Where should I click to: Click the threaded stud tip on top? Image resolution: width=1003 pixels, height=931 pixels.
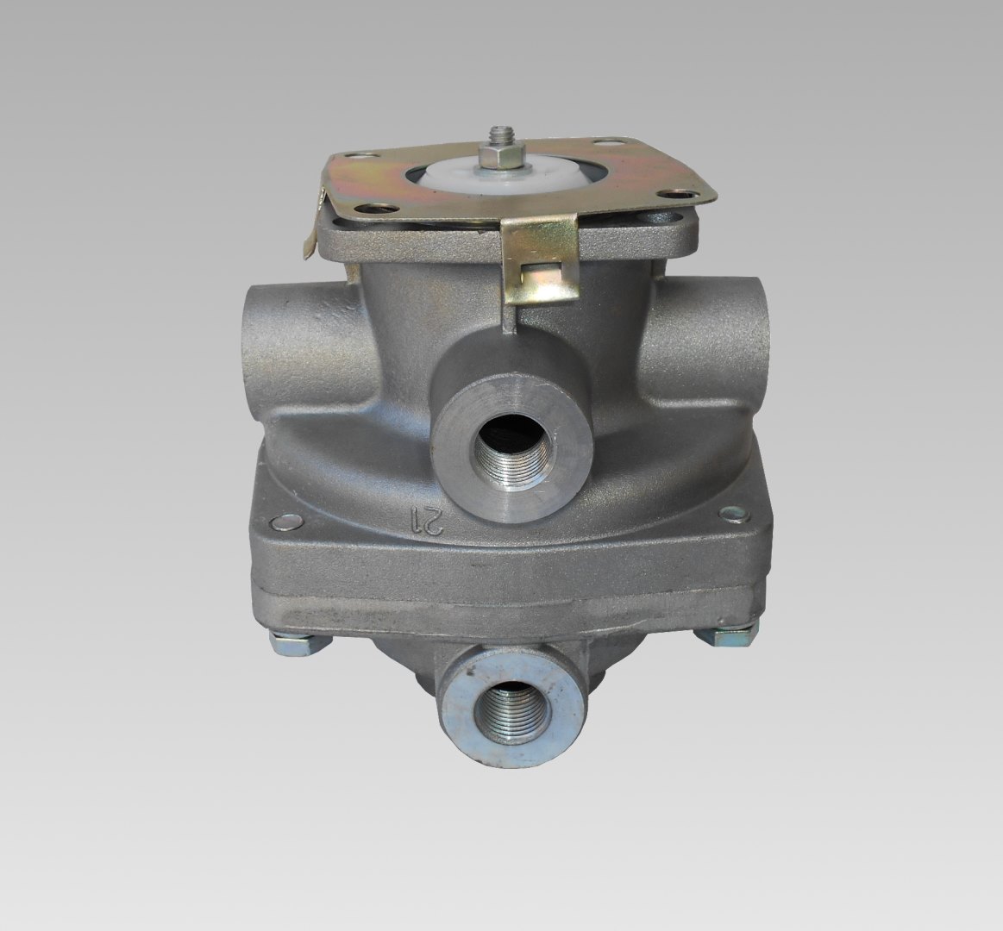pyautogui.click(x=494, y=134)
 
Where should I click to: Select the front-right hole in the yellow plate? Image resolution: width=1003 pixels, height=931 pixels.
pyautogui.click(x=680, y=194)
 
